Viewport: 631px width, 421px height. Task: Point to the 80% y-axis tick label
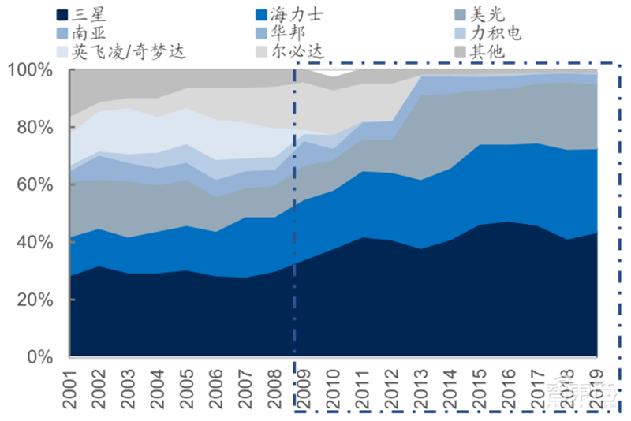(x=34, y=128)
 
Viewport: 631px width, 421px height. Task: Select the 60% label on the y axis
(x=34, y=185)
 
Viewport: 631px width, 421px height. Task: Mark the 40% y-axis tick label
(x=34, y=243)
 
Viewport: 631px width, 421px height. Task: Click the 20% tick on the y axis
(x=34, y=300)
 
